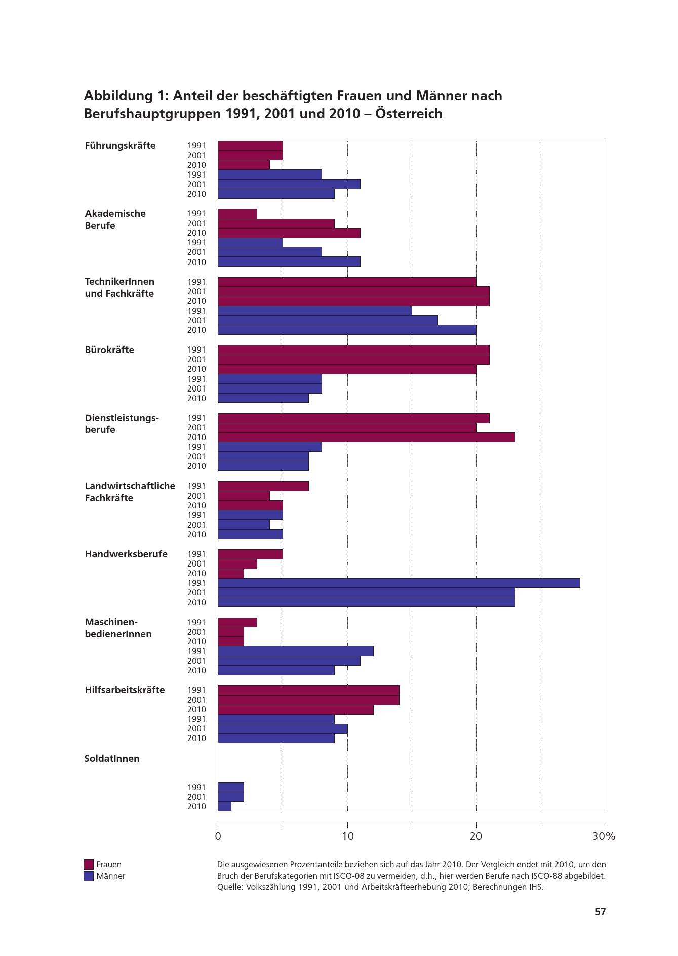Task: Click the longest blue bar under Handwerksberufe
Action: [x=398, y=583]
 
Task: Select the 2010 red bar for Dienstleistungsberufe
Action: [x=366, y=437]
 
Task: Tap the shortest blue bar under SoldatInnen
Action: [x=224, y=806]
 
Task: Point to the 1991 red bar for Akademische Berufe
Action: [x=237, y=213]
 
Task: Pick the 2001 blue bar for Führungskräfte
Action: [x=289, y=184]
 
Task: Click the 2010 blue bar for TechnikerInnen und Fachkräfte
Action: [x=347, y=330]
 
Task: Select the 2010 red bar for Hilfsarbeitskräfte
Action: [x=295, y=709]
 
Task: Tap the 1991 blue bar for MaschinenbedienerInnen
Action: [x=295, y=651]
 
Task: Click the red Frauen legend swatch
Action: [x=89, y=864]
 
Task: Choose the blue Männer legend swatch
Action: [x=89, y=876]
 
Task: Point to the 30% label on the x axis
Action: [x=604, y=836]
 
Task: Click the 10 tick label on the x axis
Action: [x=347, y=836]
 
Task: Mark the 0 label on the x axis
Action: [x=218, y=836]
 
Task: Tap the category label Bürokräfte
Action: [x=109, y=350]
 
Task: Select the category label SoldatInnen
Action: [x=112, y=759]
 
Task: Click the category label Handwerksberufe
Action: [x=126, y=554]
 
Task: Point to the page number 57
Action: [x=600, y=912]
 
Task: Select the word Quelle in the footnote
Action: [x=229, y=887]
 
